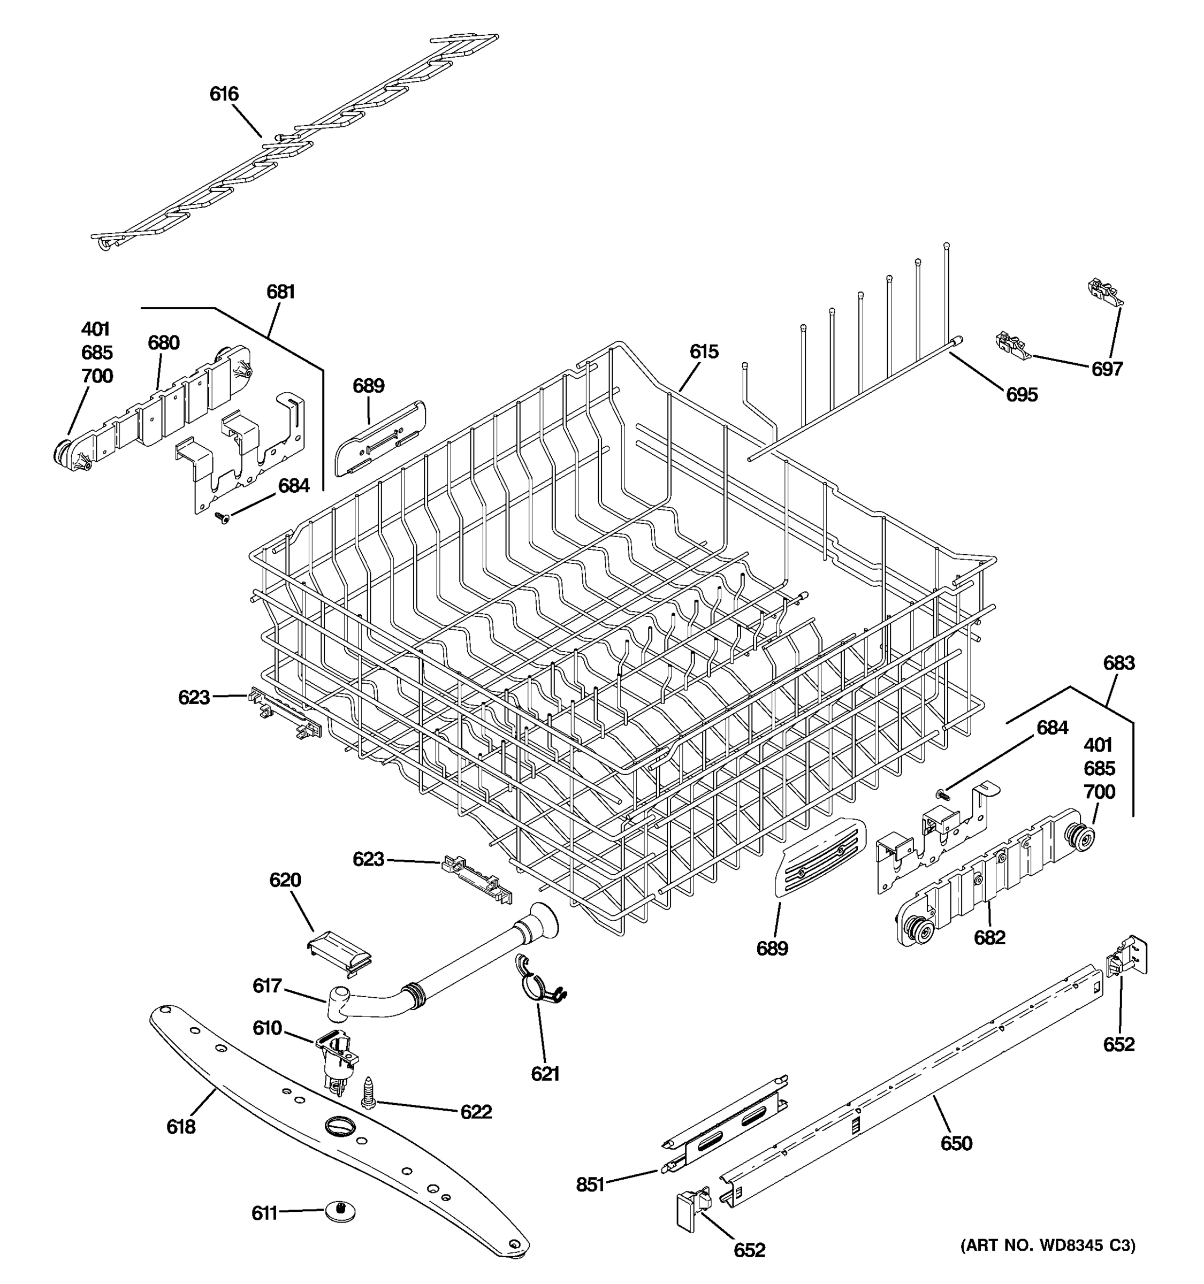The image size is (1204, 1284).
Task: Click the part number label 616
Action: point(224,94)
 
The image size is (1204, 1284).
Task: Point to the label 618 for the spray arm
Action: point(180,1127)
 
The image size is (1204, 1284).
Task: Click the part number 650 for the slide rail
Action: point(956,1144)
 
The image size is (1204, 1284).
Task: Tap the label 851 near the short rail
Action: point(590,1184)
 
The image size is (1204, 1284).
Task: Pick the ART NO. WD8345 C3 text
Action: point(1048,1245)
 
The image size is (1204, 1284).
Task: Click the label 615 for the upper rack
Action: point(704,352)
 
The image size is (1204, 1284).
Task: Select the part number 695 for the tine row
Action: point(1022,395)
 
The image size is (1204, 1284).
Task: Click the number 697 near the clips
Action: point(1107,369)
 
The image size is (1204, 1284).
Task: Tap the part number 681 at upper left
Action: point(280,293)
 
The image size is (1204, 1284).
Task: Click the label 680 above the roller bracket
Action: point(163,343)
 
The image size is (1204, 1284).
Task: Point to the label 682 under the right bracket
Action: point(989,937)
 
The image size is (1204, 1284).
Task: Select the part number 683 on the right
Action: point(1119,663)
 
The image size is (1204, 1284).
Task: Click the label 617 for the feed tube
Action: point(267,985)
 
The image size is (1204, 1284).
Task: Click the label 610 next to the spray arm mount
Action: point(267,1028)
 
